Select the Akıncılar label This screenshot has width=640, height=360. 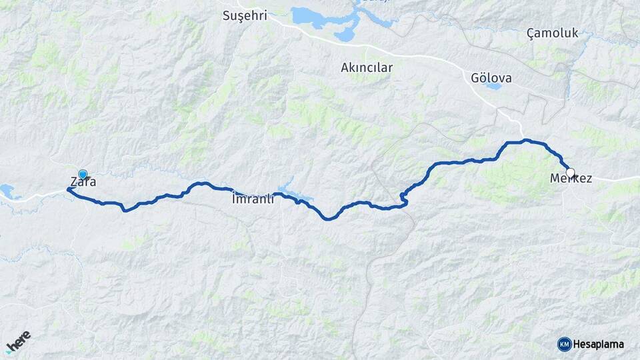367,67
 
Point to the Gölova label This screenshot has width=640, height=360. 491,78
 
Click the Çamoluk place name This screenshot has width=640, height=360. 552,33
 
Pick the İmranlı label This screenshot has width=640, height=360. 253,199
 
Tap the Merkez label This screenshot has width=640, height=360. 571,179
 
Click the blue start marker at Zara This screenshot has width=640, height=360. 83,174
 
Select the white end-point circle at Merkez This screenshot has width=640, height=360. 570,171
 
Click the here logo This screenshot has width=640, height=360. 19,341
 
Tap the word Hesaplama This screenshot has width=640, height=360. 599,344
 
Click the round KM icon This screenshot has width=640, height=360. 564,344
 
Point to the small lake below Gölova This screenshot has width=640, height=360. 493,86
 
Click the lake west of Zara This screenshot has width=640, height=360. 8,192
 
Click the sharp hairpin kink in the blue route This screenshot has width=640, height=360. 403,195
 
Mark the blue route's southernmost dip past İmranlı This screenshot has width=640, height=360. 327,218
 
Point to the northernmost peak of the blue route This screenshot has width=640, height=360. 527,140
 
